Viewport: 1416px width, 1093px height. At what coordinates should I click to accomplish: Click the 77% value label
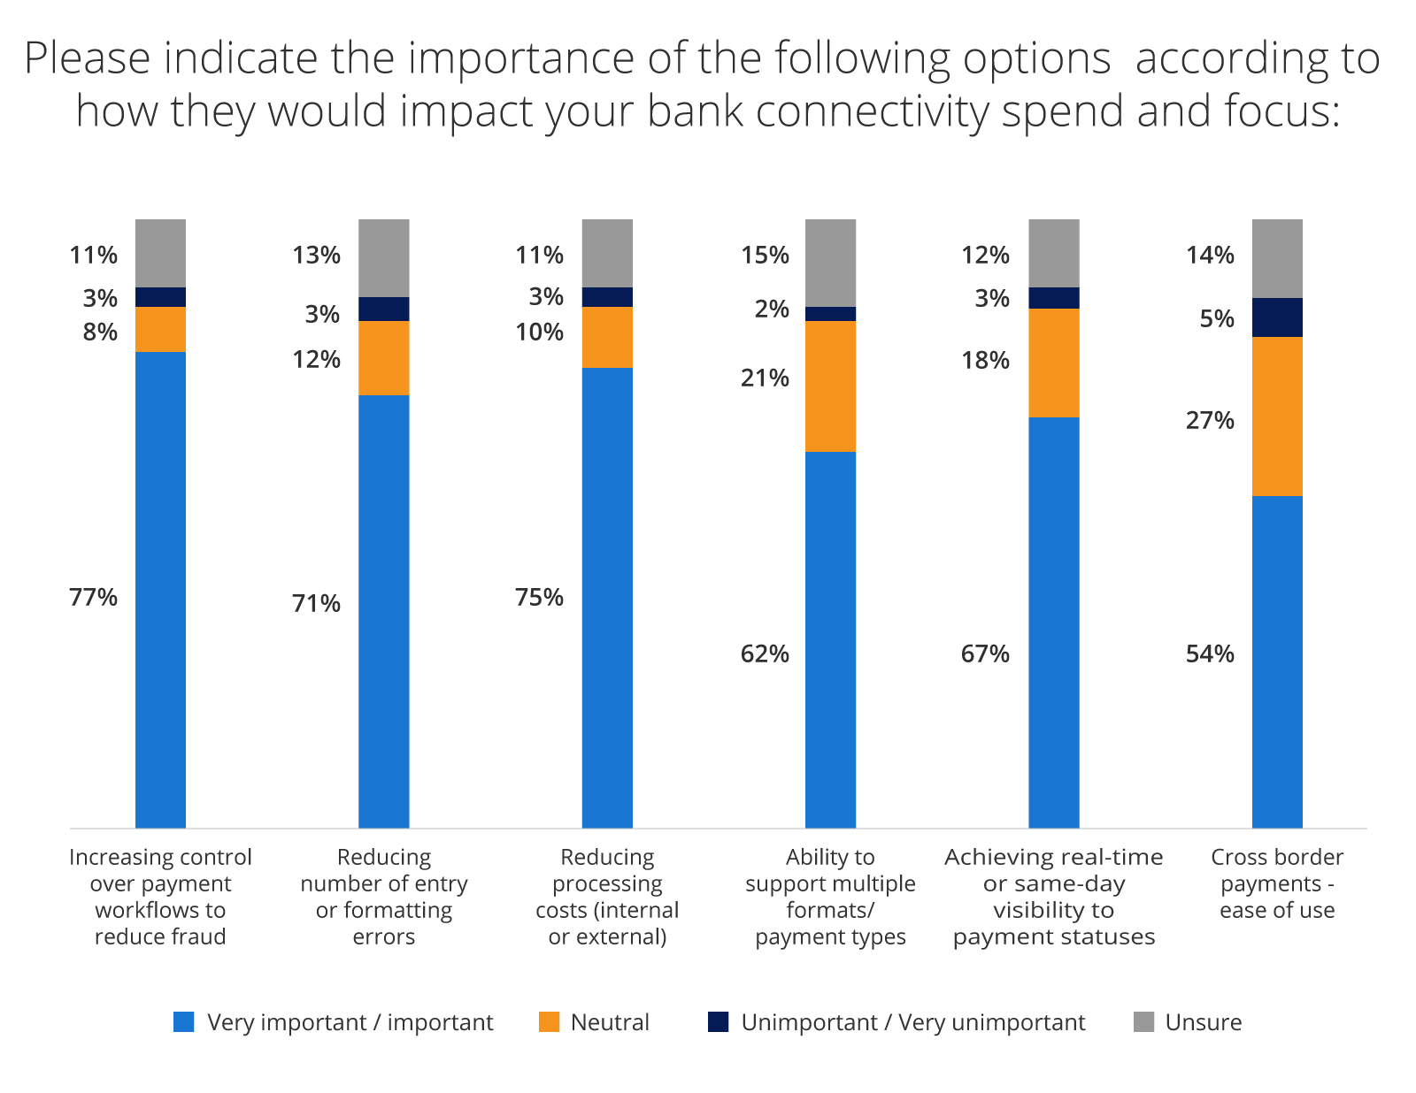(x=93, y=598)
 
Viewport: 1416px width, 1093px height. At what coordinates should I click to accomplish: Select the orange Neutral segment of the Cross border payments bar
(x=1277, y=416)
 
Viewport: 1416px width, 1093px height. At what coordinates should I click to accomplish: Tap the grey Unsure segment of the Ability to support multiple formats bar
(x=830, y=263)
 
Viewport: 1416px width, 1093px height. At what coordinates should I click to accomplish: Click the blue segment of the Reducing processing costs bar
(x=607, y=597)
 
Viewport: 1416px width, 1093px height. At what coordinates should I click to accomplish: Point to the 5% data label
(x=1216, y=319)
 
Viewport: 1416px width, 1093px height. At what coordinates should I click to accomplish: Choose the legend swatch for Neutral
(x=550, y=1022)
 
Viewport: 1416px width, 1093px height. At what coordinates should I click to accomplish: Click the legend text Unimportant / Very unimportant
(x=912, y=1023)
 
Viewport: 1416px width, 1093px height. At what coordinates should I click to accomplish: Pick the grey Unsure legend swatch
(x=1143, y=1022)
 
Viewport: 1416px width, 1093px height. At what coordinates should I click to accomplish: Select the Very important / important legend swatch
(x=184, y=1022)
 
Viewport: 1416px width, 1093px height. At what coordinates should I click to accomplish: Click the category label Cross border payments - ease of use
(x=1277, y=883)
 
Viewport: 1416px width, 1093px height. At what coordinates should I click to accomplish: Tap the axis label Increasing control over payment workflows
(x=160, y=896)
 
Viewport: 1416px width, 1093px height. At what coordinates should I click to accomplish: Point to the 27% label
(x=1209, y=421)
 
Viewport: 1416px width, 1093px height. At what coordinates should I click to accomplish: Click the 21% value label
(x=765, y=378)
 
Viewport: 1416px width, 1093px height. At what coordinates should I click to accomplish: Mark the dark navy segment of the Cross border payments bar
(x=1277, y=317)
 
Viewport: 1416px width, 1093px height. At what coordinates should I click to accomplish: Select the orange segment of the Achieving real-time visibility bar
(x=1053, y=363)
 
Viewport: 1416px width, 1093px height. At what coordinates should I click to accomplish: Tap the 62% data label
(x=765, y=654)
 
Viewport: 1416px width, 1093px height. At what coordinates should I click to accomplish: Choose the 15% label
(x=765, y=256)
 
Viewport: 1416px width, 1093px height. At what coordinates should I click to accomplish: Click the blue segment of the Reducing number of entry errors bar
(x=384, y=610)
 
